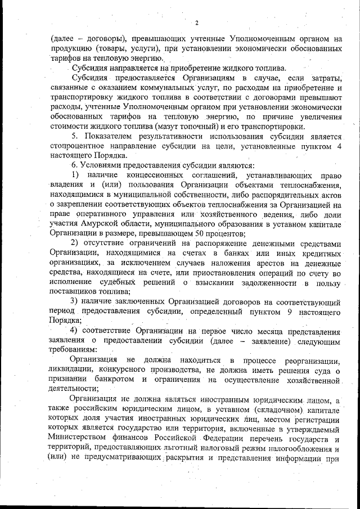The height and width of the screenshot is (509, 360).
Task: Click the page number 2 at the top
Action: coord(197,23)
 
